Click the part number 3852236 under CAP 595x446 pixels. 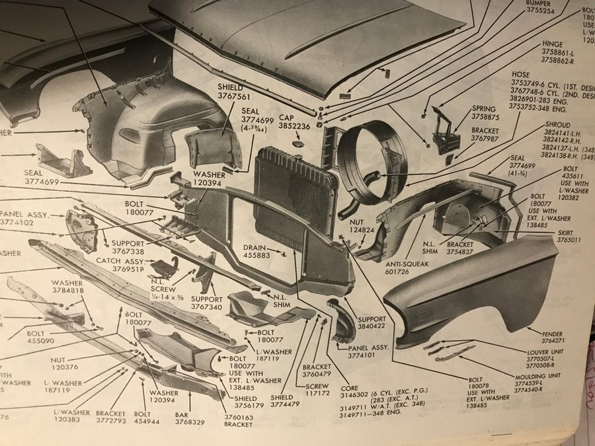[x=293, y=126]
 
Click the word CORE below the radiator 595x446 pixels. [x=349, y=389]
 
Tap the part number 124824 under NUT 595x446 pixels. [x=357, y=231]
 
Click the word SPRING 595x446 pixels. [x=484, y=108]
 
